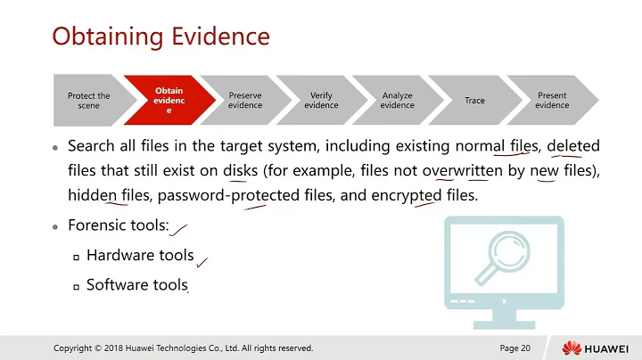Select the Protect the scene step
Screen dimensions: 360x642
88,101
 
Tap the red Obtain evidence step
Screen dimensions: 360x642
169,101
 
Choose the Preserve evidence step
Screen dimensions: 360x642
245,101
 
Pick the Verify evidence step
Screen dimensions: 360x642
321,101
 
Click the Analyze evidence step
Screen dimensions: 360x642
398,101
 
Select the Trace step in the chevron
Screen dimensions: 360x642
474,101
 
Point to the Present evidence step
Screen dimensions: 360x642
551,101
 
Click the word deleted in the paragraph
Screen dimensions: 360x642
573,145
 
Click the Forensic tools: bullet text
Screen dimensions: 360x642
118,226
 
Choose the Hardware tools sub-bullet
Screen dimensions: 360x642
140,256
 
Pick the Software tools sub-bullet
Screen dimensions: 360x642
136,285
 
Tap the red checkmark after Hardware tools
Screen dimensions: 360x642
202,261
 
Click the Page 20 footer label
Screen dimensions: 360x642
514,348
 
